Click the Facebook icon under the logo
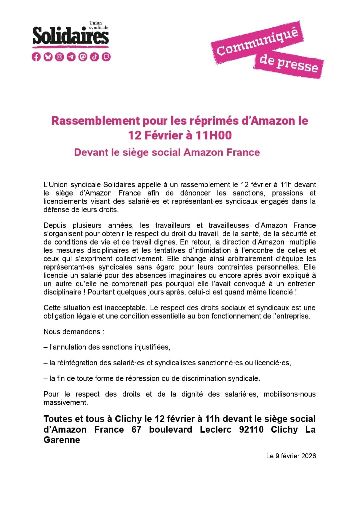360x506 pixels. pyautogui.click(x=36, y=57)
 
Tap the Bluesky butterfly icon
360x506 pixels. pyautogui.click(x=48, y=57)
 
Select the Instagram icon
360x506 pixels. pyautogui.click(x=60, y=57)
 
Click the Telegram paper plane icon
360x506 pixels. pyautogui.click(x=71, y=57)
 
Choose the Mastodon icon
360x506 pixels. pyautogui.click(x=83, y=57)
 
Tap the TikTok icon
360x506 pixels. pyautogui.click(x=95, y=57)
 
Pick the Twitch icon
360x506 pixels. pyautogui.click(x=106, y=57)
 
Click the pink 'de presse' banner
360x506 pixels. pyautogui.click(x=289, y=64)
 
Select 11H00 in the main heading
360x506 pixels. pyautogui.click(x=214, y=135)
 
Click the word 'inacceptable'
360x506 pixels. pyautogui.click(x=125, y=308)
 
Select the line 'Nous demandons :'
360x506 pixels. pyautogui.click(x=74, y=332)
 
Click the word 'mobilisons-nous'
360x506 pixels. pyautogui.click(x=289, y=394)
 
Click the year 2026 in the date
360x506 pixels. pyautogui.click(x=308, y=456)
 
